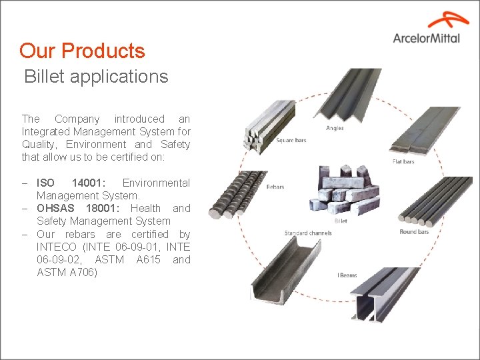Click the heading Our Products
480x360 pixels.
pyautogui.click(x=82, y=51)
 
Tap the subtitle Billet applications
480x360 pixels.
pyautogui.click(x=96, y=77)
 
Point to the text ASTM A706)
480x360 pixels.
pyautogui.click(x=67, y=272)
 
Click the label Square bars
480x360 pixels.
pyautogui.click(x=291, y=141)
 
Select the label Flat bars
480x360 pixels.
pyautogui.click(x=403, y=161)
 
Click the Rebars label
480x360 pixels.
pyautogui.click(x=275, y=187)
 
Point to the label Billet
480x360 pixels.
pyautogui.click(x=340, y=221)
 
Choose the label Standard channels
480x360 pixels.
pyautogui.click(x=308, y=233)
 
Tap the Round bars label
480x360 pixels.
pyautogui.click(x=414, y=231)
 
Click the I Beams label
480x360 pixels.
pyautogui.click(x=347, y=275)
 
